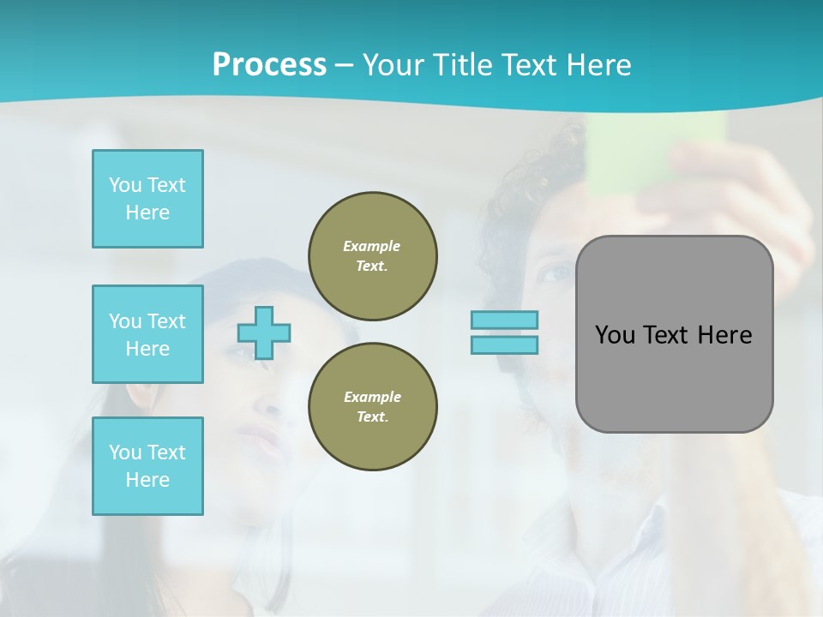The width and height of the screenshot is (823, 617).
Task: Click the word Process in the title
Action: click(269, 65)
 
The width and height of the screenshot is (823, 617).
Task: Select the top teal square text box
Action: click(147, 199)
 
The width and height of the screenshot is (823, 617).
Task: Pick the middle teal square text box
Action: click(147, 334)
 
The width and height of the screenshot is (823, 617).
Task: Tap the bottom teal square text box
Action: click(147, 466)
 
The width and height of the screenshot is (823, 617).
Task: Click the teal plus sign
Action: click(264, 332)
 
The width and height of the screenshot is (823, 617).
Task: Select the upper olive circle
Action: click(372, 255)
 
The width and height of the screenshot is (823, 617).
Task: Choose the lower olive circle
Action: click(372, 406)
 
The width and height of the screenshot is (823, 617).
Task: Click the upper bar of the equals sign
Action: click(504, 320)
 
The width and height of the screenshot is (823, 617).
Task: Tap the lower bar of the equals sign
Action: click(504, 345)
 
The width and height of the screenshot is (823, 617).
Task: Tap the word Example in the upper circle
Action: click(372, 246)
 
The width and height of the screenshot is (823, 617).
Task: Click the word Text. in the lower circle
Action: click(372, 417)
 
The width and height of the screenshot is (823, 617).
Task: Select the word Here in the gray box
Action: click(724, 335)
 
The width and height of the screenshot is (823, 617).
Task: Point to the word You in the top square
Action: click(124, 185)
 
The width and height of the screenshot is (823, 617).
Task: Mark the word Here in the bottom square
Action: click(147, 480)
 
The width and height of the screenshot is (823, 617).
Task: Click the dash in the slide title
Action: click(344, 65)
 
